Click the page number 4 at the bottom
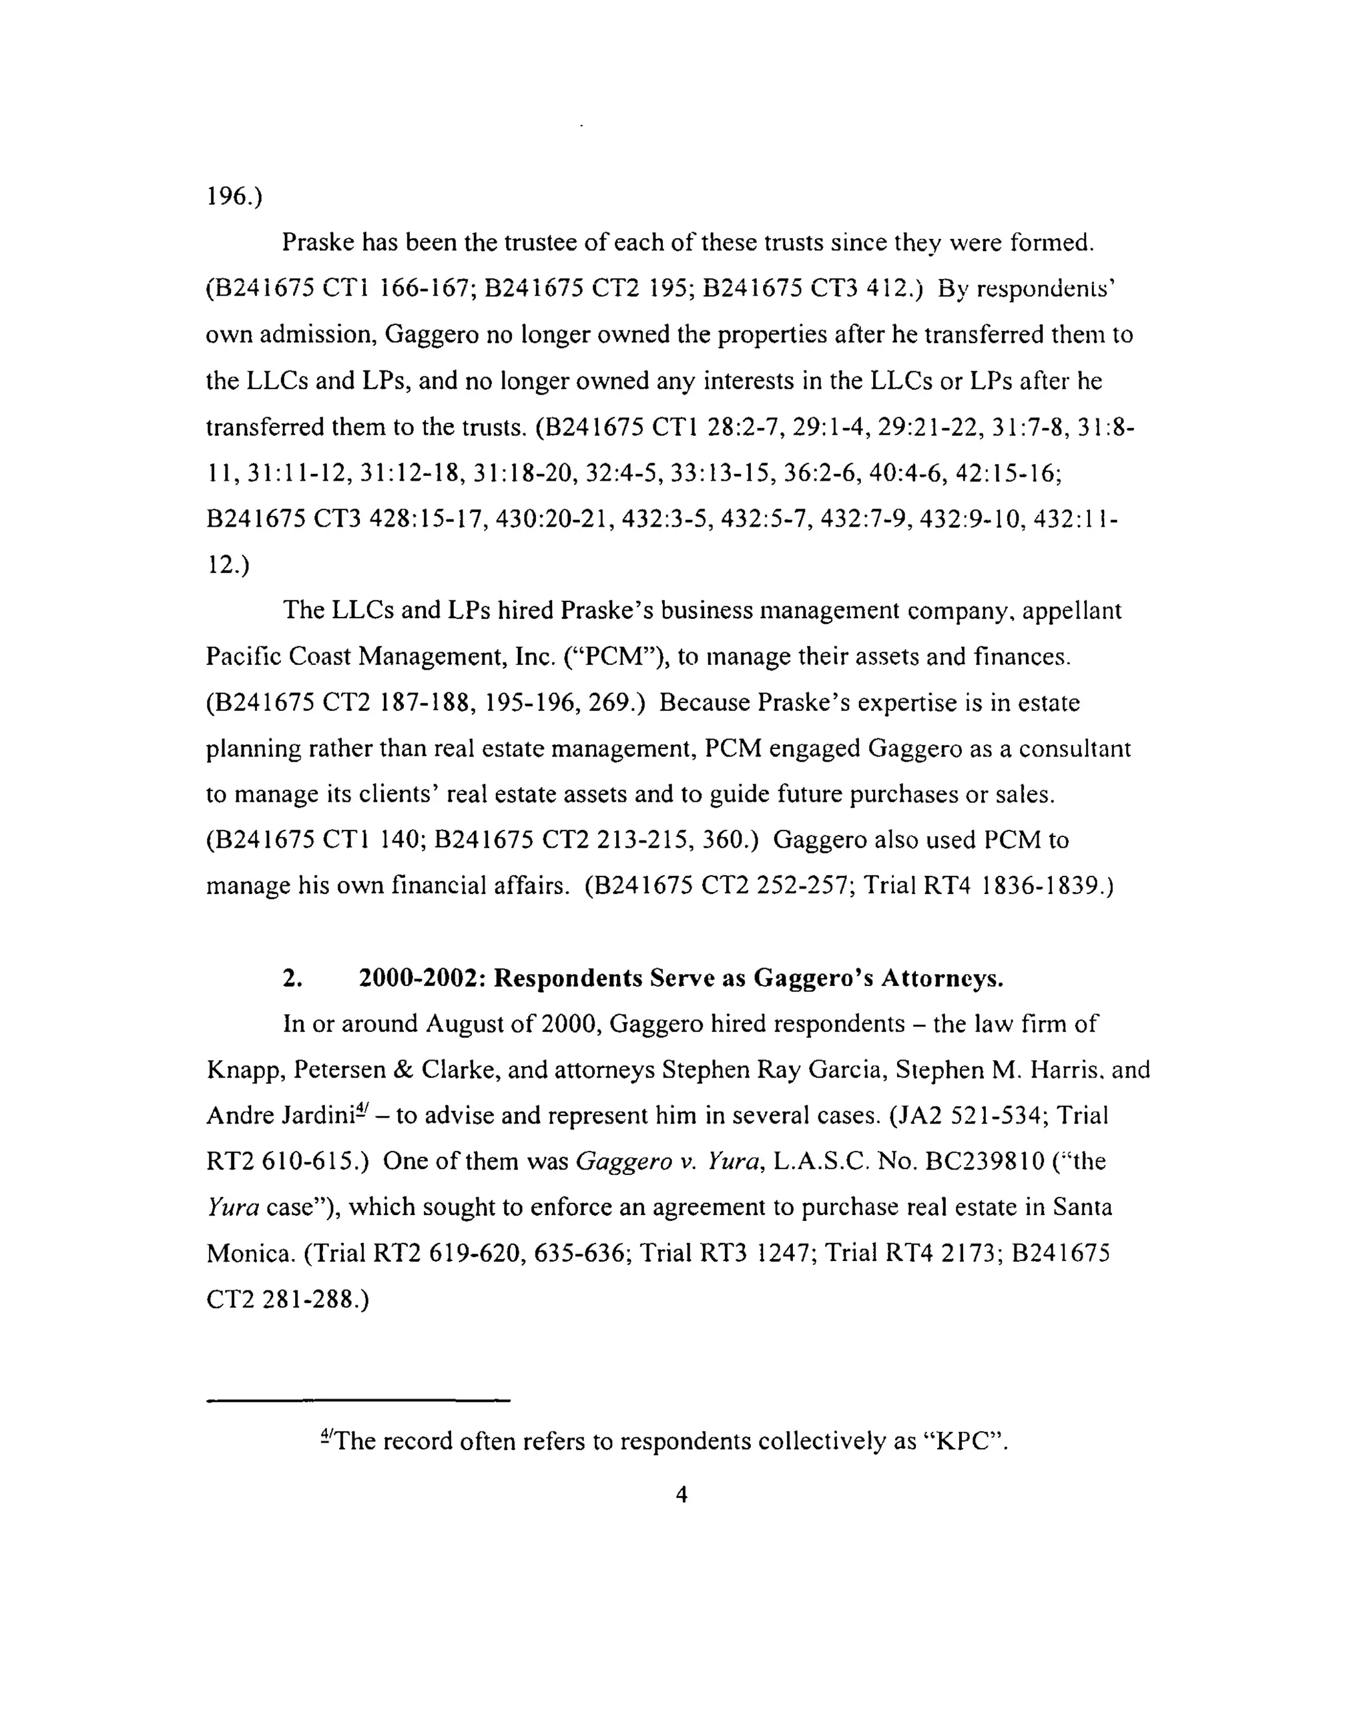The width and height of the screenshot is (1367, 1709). (681, 1494)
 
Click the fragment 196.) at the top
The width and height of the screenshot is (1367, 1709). (234, 196)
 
